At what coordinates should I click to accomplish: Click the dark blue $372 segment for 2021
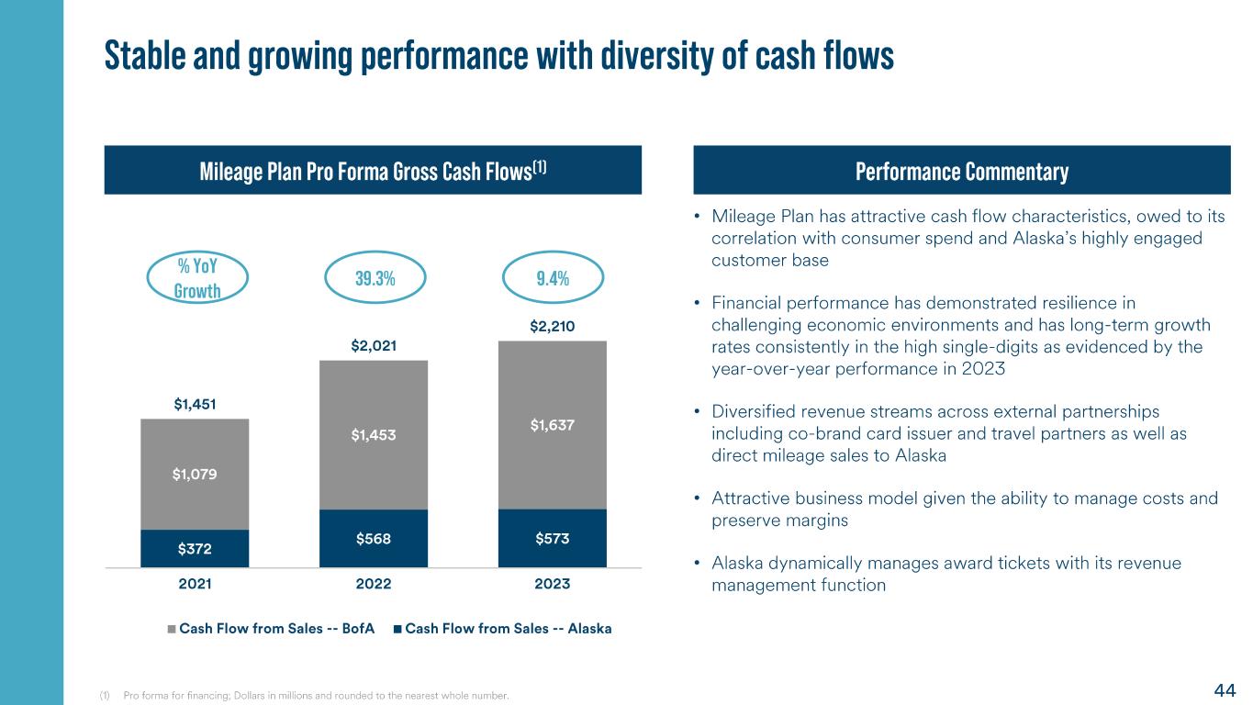[195, 548]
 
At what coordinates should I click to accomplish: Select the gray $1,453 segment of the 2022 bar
[374, 435]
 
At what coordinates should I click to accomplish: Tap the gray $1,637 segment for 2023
[553, 425]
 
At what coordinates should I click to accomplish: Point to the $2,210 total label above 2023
[553, 326]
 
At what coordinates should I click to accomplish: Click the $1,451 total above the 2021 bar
[195, 404]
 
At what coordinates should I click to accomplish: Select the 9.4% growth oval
[553, 279]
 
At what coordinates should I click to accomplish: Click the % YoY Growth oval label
[196, 278]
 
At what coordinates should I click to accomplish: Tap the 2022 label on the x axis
[374, 585]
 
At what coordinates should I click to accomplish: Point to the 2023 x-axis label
[553, 585]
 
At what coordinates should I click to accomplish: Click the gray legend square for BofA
[172, 629]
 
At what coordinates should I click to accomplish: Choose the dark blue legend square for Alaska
[397, 629]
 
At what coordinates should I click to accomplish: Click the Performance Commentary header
[961, 171]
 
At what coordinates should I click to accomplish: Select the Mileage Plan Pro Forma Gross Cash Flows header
[373, 171]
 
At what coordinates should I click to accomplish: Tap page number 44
[1225, 690]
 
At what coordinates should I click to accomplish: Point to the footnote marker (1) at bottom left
[105, 696]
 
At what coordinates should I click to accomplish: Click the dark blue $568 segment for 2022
[374, 539]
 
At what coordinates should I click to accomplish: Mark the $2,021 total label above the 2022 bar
[374, 345]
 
